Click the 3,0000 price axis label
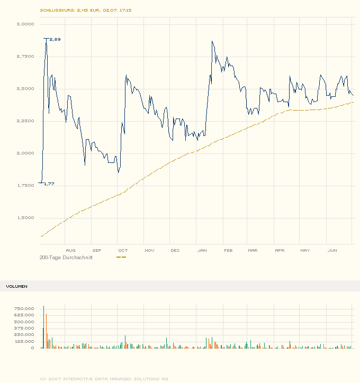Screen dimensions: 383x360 coord(25,24)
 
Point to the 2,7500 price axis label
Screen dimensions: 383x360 coord(25,57)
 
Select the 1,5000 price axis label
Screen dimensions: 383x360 coord(25,218)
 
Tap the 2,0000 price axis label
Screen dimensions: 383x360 coord(25,153)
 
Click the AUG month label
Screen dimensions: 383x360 coord(70,250)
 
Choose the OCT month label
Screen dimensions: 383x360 coord(123,250)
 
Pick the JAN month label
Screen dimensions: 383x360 coord(201,250)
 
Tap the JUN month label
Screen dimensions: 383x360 coord(332,250)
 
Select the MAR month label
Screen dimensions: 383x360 coord(253,250)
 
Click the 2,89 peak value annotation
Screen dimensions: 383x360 coord(55,39)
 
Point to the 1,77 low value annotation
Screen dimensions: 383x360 coord(49,184)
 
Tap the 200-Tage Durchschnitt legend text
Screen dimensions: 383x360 coord(66,257)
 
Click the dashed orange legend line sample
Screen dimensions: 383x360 coord(121,257)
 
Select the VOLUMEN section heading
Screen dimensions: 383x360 coord(17,286)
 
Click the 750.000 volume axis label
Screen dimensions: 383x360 coord(25,308)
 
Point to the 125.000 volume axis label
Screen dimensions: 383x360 coord(25,341)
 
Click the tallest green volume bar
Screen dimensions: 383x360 coord(44,327)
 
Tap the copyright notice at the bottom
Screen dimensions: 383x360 coord(104,378)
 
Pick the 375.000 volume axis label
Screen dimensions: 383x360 coord(25,328)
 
